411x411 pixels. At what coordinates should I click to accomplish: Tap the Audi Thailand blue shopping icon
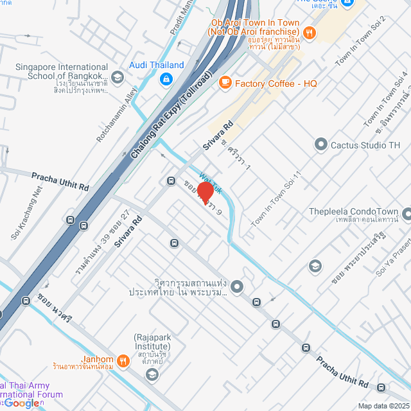(x=166, y=78)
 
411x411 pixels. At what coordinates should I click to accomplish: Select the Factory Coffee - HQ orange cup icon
(x=225, y=83)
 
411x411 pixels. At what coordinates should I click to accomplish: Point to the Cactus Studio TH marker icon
(x=320, y=144)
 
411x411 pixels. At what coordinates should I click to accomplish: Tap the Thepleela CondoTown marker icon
(x=407, y=213)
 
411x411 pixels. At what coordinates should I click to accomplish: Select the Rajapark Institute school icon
(x=152, y=374)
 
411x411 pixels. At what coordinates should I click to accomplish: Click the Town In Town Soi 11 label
(x=276, y=198)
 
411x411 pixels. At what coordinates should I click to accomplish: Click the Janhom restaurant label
(x=98, y=359)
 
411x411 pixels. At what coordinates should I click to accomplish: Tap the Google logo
(x=21, y=403)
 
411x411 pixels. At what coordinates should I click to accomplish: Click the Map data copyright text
(x=383, y=406)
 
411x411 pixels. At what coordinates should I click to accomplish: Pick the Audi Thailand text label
(x=157, y=65)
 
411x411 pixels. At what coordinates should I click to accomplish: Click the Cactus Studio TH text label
(x=365, y=145)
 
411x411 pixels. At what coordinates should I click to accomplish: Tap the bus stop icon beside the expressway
(x=85, y=225)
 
